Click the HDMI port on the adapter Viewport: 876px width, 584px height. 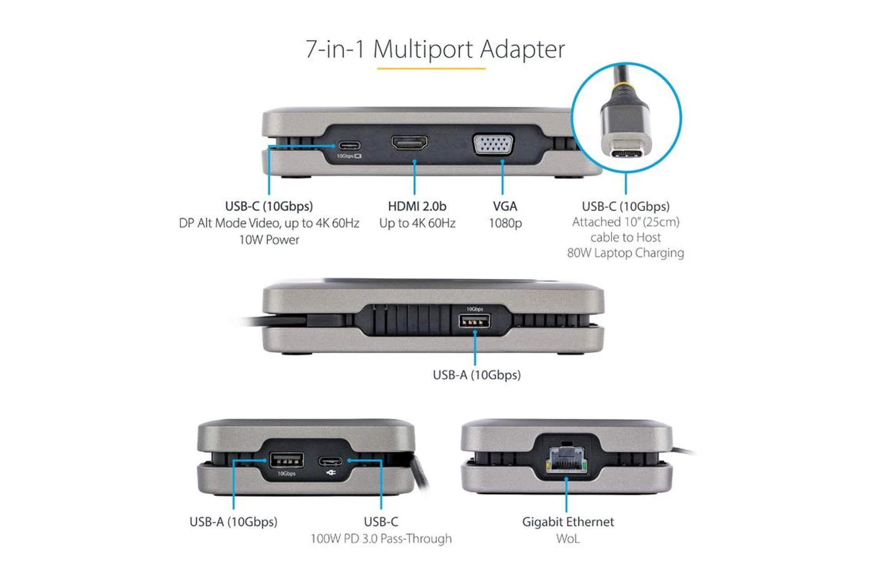(409, 143)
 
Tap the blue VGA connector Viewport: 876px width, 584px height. (493, 145)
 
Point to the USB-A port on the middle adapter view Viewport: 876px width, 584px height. (474, 321)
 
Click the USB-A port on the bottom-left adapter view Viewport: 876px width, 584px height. (287, 459)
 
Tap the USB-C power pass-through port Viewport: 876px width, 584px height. (330, 460)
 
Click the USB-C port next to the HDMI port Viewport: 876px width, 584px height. (349, 146)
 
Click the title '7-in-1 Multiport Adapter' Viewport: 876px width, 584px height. (435, 49)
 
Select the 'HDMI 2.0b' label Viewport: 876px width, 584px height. (417, 206)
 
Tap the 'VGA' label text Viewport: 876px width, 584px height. (505, 206)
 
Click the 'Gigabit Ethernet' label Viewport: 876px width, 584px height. (568, 522)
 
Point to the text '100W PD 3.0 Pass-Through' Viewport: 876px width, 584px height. (381, 539)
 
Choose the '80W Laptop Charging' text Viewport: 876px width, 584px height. (626, 253)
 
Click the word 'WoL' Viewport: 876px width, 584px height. (568, 539)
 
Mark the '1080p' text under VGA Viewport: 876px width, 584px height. (505, 223)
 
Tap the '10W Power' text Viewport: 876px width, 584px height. (269, 240)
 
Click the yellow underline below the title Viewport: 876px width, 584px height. (431, 69)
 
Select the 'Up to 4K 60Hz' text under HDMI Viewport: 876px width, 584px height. (417, 223)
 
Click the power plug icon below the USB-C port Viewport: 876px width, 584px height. (331, 473)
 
